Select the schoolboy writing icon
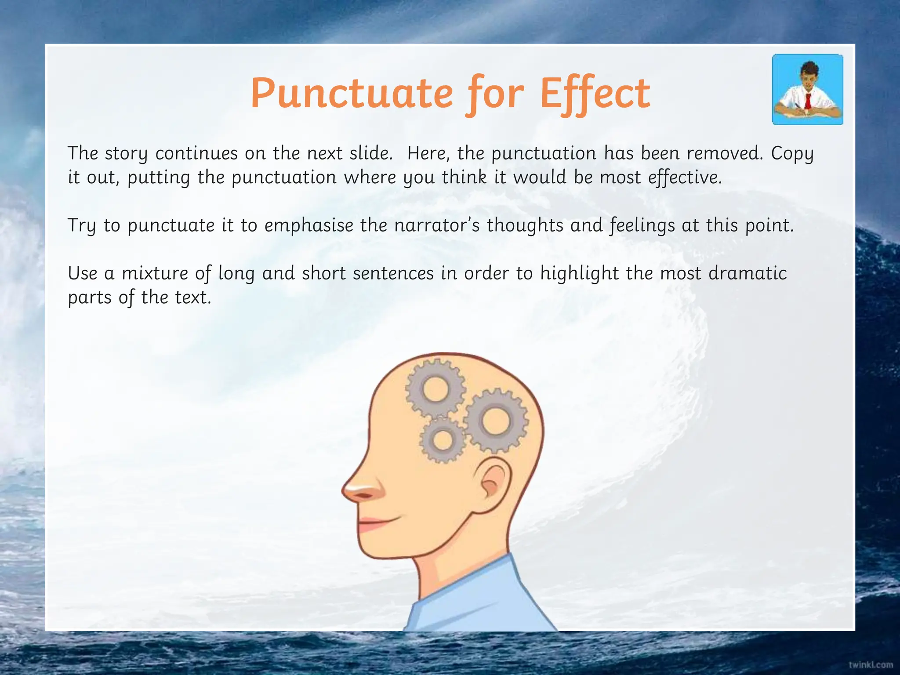807,89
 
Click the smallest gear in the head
443,440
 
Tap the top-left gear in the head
435,389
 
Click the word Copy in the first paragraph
792,153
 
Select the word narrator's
435,225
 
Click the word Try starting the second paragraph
82,226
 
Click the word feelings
642,225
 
